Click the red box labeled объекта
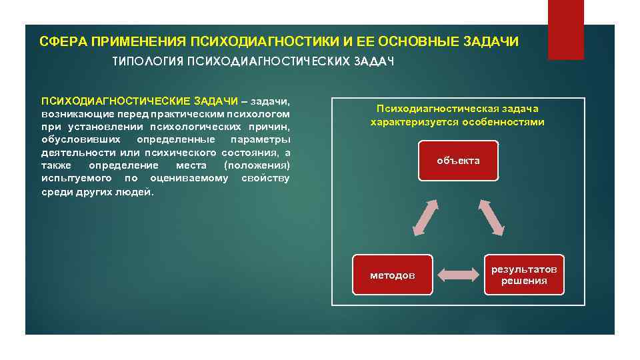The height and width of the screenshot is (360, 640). [x=458, y=161]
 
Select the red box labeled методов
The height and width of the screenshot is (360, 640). [x=392, y=275]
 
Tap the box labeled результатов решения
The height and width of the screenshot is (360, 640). [x=524, y=275]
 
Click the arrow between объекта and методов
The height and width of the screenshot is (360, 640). [x=425, y=217]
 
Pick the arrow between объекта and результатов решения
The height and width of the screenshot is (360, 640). [x=491, y=217]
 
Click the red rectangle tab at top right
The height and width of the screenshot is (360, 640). [x=565, y=29]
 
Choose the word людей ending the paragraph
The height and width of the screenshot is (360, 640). [x=139, y=191]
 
